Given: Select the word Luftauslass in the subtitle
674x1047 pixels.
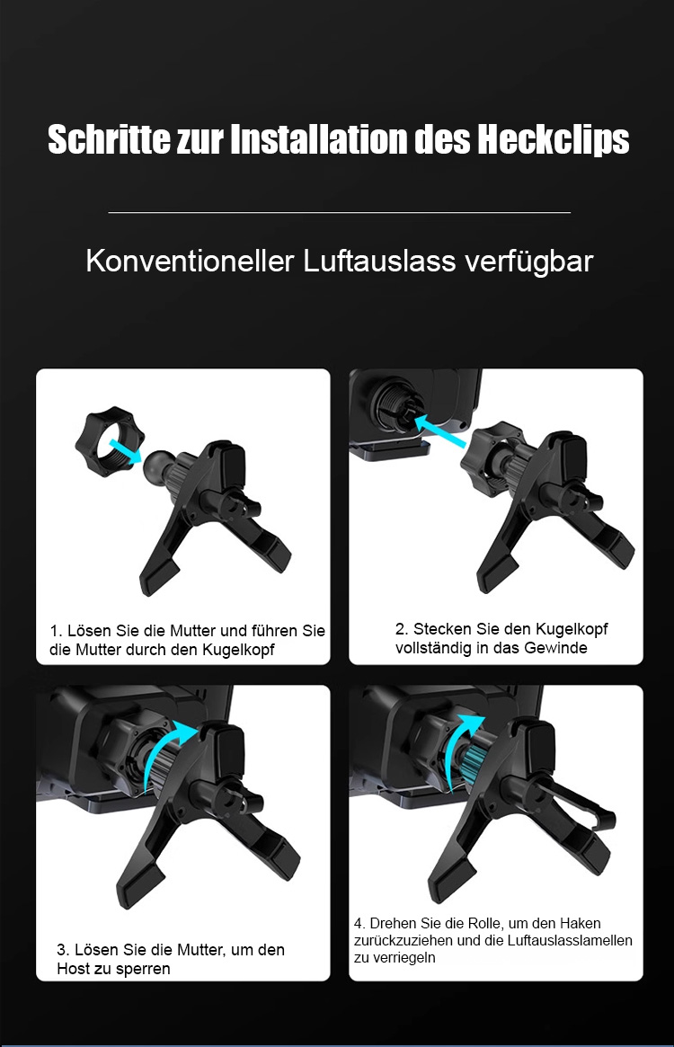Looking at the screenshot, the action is (380, 262).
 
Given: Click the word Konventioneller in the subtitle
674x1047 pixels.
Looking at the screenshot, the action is (191, 262).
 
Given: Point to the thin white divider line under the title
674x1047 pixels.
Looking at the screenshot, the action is (340, 212).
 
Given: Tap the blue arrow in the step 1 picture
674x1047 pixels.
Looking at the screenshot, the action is (125, 450).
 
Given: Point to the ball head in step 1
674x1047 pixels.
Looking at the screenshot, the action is (156, 467).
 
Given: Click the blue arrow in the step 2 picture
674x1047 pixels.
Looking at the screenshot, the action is (441, 432).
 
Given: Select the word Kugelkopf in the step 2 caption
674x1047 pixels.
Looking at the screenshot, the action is (572, 629).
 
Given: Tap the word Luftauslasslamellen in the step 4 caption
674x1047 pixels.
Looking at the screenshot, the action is (570, 940).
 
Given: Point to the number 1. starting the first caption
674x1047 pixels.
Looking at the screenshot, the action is (56, 631).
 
